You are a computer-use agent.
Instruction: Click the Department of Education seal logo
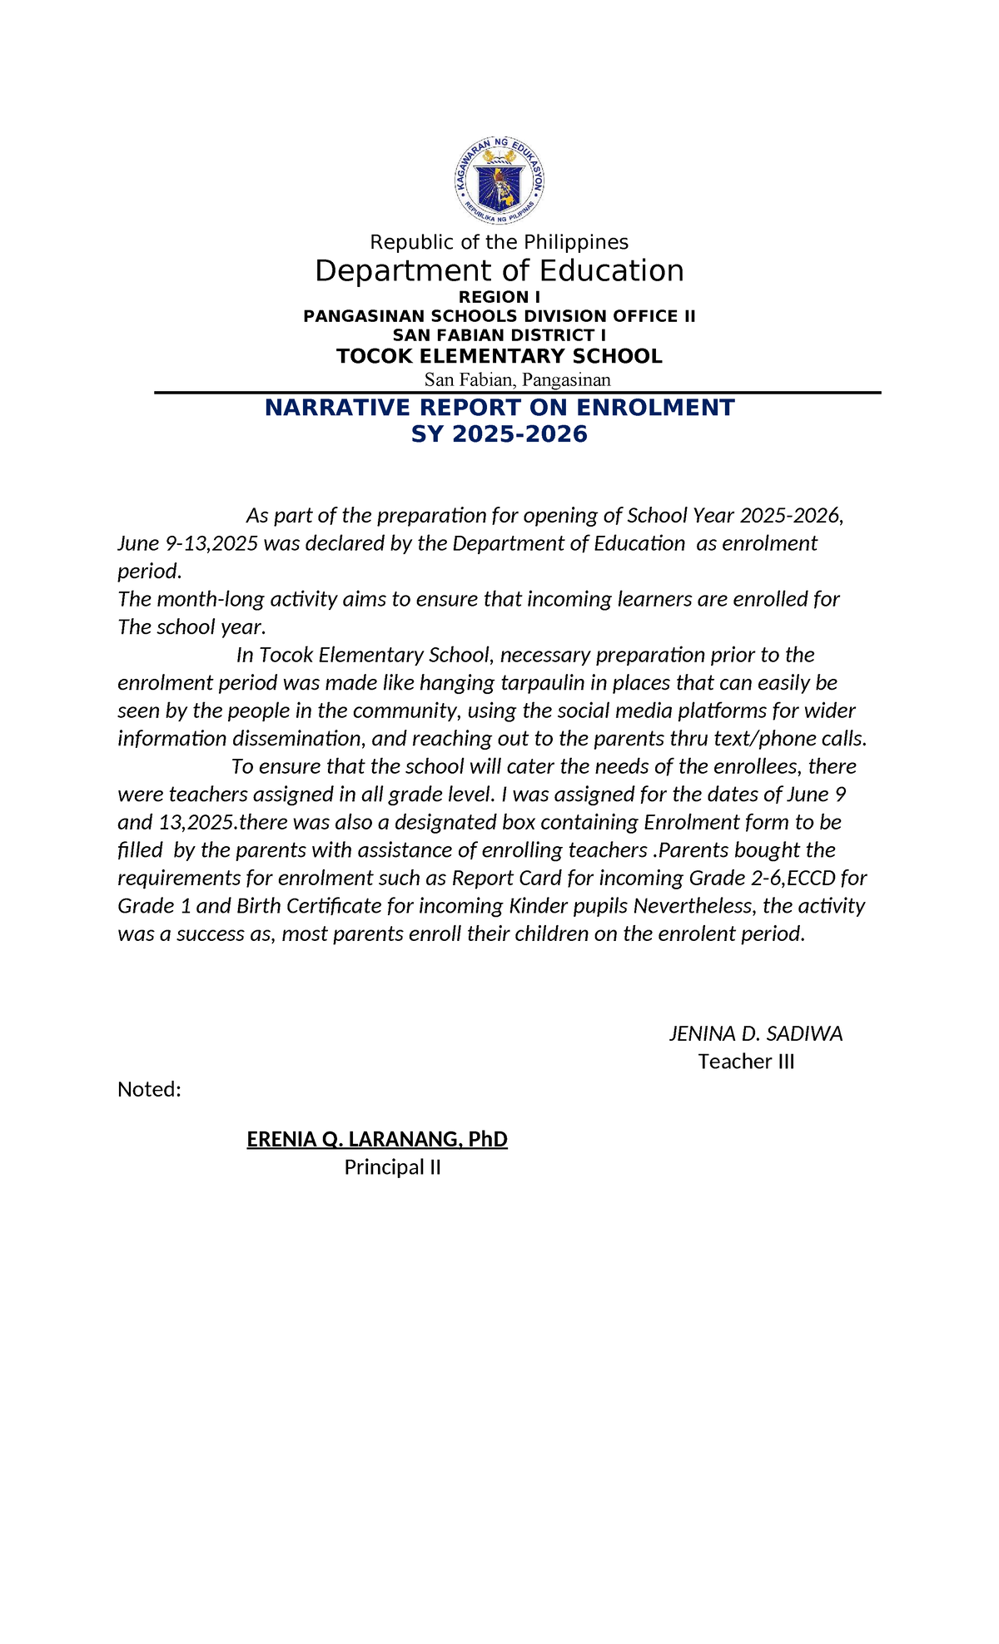[x=499, y=181]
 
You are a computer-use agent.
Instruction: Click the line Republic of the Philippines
[x=499, y=242]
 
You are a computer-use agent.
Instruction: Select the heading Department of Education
[x=499, y=271]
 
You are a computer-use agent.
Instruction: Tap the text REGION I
[x=499, y=297]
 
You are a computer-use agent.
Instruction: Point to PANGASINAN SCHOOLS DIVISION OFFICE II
[x=499, y=316]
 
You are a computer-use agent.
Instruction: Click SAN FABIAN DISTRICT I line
[x=499, y=335]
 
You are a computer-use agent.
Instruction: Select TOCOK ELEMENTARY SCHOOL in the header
[x=499, y=357]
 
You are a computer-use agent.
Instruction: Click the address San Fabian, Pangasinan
[x=517, y=380]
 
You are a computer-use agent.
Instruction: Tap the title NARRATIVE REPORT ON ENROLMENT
[x=499, y=408]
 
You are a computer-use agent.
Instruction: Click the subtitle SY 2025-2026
[x=499, y=434]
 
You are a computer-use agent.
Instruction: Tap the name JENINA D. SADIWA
[x=755, y=1034]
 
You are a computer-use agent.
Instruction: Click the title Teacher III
[x=746, y=1062]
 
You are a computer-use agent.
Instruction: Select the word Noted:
[x=149, y=1090]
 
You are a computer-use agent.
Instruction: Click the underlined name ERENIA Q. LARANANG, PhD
[x=377, y=1139]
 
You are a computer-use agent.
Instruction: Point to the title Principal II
[x=392, y=1167]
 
